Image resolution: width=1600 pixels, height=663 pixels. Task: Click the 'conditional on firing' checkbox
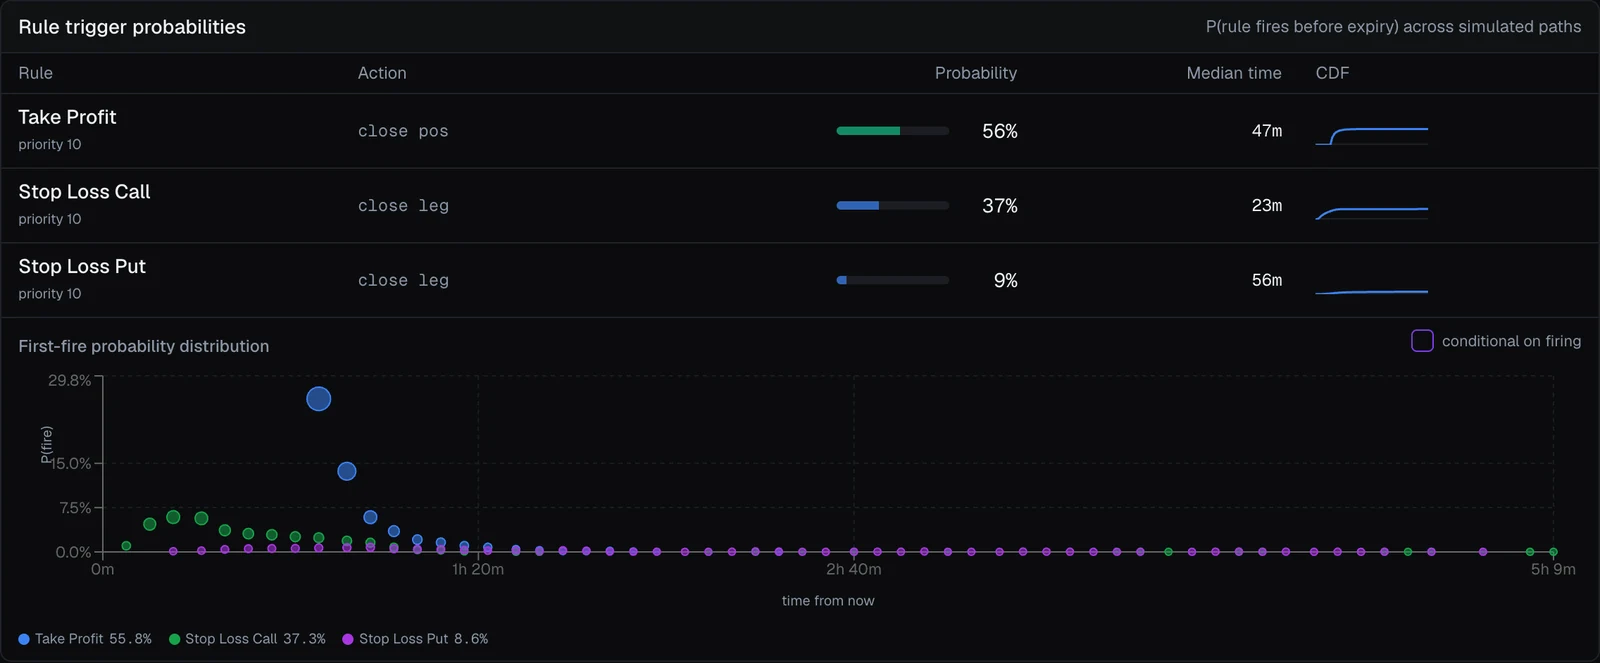pyautogui.click(x=1421, y=341)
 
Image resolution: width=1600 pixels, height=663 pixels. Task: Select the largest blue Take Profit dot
pyautogui.click(x=319, y=399)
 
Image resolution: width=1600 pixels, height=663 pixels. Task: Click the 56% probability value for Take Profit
pyautogui.click(x=999, y=131)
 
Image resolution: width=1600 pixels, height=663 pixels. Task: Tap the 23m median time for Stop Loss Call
pyautogui.click(x=1266, y=206)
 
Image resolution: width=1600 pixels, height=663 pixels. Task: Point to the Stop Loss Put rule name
pyautogui.click(x=82, y=266)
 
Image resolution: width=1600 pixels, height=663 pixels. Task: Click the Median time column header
pyautogui.click(x=1234, y=73)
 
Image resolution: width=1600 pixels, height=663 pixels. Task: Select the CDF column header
pyautogui.click(x=1332, y=73)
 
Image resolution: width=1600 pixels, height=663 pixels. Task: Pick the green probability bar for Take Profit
pyautogui.click(x=868, y=131)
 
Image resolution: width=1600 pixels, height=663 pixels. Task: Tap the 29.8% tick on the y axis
pyautogui.click(x=69, y=380)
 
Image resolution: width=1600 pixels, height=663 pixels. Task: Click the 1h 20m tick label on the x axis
pyautogui.click(x=478, y=569)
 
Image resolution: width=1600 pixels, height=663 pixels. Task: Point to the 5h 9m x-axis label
pyautogui.click(x=1553, y=569)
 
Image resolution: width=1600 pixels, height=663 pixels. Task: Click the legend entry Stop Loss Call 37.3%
pyautogui.click(x=247, y=639)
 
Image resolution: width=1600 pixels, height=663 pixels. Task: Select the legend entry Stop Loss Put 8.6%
pyautogui.click(x=415, y=639)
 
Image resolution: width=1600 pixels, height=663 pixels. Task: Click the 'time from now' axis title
pyautogui.click(x=828, y=601)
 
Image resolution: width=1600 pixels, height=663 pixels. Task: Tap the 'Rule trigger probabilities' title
pyautogui.click(x=132, y=27)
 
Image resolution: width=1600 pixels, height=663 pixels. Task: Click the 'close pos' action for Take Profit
pyautogui.click(x=403, y=131)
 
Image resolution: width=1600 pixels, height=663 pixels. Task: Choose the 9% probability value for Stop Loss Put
pyautogui.click(x=1005, y=281)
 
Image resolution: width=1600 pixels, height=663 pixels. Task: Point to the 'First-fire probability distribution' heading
pyautogui.click(x=144, y=347)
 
